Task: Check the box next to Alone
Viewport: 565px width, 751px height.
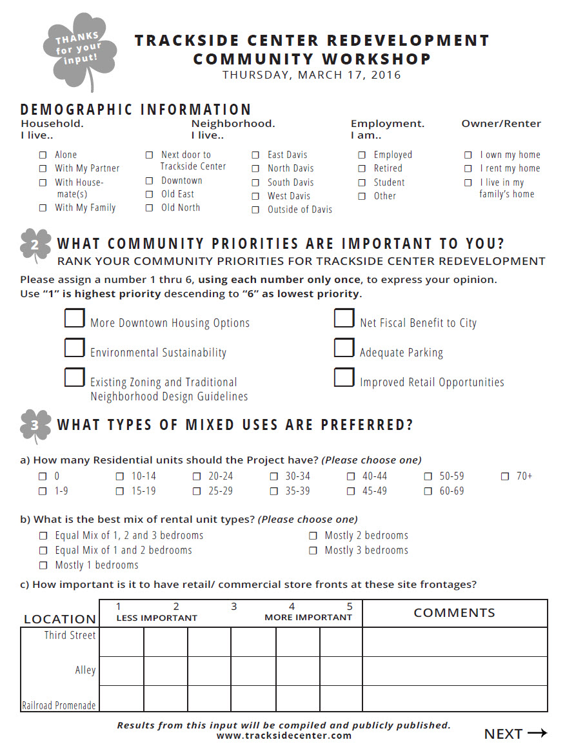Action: (43, 155)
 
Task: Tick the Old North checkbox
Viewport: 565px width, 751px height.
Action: (149, 208)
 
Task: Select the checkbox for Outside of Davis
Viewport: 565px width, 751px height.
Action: (255, 210)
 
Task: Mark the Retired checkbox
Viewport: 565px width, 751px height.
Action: (362, 168)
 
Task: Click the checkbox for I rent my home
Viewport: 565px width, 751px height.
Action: (468, 168)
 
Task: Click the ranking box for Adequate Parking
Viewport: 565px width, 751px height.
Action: (344, 348)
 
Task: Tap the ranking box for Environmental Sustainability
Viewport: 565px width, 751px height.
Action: (74, 348)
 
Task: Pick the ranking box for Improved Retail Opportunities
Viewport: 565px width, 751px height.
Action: (344, 378)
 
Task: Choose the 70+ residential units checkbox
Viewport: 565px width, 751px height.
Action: (504, 476)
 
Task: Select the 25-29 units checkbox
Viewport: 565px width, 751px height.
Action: (196, 491)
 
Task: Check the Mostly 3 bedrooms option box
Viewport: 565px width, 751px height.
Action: (313, 551)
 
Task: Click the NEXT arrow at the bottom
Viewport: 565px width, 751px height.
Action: (515, 734)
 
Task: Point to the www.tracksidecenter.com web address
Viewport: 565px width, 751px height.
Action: (284, 736)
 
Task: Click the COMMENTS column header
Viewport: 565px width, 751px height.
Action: (454, 612)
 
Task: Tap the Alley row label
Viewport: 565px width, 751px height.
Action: (85, 670)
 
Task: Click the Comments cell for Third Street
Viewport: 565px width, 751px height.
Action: (454, 642)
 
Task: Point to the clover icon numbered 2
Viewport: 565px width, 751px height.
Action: (35, 246)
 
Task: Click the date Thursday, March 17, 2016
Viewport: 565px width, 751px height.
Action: (312, 75)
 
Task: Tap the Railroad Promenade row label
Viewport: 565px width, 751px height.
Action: (59, 705)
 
